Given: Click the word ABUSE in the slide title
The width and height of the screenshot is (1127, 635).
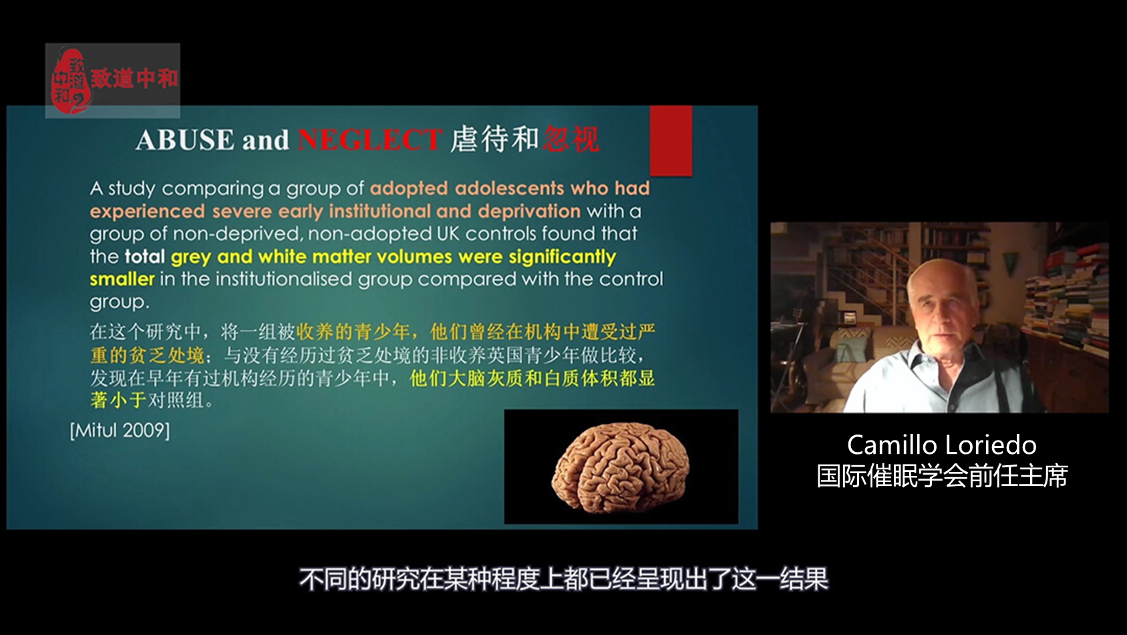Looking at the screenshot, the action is pyautogui.click(x=185, y=140).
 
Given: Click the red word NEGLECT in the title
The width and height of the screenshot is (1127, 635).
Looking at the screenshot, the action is pyautogui.click(x=370, y=140).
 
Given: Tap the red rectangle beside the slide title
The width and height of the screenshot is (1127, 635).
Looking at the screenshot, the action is pyautogui.click(x=671, y=140).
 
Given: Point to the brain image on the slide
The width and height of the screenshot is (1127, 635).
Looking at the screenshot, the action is pyautogui.click(x=621, y=467).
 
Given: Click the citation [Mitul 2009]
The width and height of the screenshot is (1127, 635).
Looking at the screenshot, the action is pyautogui.click(x=120, y=430).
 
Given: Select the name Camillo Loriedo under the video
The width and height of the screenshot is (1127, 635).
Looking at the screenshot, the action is pyautogui.click(x=941, y=444).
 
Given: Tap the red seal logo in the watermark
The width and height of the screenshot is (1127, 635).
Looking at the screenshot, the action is pyautogui.click(x=71, y=81).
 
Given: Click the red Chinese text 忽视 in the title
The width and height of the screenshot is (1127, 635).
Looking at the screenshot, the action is pyautogui.click(x=571, y=139).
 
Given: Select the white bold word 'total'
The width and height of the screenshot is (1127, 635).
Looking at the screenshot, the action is pyautogui.click(x=144, y=256).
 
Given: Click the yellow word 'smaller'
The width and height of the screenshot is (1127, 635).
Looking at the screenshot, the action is pyautogui.click(x=122, y=279).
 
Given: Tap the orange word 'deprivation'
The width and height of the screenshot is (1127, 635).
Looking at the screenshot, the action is pyautogui.click(x=529, y=211).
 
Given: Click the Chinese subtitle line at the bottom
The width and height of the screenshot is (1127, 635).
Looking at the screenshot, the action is pyautogui.click(x=564, y=579).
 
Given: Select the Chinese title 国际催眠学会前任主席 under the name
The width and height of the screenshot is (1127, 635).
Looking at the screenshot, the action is pyautogui.click(x=942, y=476).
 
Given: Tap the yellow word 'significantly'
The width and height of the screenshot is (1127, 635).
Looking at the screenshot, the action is pyautogui.click(x=562, y=257).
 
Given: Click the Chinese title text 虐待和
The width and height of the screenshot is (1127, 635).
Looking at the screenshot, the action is pyautogui.click(x=494, y=139).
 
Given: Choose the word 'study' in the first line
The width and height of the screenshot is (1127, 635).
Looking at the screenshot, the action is pyautogui.click(x=132, y=189).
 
